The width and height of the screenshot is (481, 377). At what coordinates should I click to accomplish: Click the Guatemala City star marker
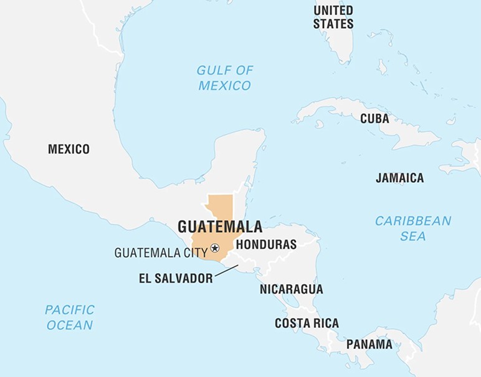tap(215, 248)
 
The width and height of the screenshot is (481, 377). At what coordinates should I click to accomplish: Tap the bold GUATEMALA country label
tap(219, 226)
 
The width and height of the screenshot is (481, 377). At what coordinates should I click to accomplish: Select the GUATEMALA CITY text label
tap(161, 253)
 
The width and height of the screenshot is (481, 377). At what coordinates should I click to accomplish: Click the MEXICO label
tap(69, 149)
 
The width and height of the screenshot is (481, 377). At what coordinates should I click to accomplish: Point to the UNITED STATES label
tap(333, 17)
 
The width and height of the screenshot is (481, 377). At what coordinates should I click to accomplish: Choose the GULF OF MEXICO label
tap(224, 78)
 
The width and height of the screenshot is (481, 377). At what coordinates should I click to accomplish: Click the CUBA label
tap(374, 118)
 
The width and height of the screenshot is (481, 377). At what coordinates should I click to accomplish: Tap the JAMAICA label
tap(399, 178)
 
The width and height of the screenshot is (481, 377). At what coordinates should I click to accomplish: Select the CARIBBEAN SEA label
tap(412, 228)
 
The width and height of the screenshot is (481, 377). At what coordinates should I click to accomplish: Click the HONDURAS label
tap(266, 244)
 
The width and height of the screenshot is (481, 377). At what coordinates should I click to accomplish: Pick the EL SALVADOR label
tap(176, 279)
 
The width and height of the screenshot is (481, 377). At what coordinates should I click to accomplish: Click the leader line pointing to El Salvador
tap(227, 272)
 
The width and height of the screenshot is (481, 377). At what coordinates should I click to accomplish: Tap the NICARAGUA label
tap(291, 289)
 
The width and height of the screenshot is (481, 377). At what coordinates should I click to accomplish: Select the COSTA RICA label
tap(307, 323)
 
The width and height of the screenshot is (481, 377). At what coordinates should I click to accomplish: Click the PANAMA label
tap(369, 344)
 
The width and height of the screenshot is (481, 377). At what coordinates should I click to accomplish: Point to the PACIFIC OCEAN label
tap(69, 317)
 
